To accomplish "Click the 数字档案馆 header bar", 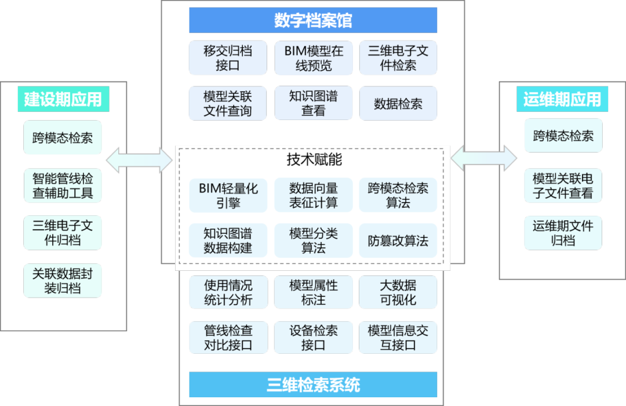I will pos(313,21).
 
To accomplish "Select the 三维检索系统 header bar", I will pos(313,385).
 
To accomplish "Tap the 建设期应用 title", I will pos(63,99).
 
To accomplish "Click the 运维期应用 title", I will pos(562,99).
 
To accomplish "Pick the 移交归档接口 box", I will pos(228,58).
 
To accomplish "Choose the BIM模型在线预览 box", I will pos(313,58).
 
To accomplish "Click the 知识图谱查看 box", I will pos(313,103).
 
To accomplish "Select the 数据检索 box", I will pos(398,104).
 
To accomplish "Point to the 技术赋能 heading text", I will pos(313,160).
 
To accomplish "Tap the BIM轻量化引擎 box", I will pos(228,195).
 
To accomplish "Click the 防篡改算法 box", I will pos(398,241).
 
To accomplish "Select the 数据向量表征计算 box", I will pos(313,195).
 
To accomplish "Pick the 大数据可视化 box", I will pos(398,292).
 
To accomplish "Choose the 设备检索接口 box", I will pos(313,338).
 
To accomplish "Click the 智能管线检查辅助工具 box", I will pos(63,186).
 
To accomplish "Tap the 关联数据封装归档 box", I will pos(63,281).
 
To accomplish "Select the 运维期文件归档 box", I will pos(563,233).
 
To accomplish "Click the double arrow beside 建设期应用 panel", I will pos(140,160).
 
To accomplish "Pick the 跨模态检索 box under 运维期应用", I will pos(563,136).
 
